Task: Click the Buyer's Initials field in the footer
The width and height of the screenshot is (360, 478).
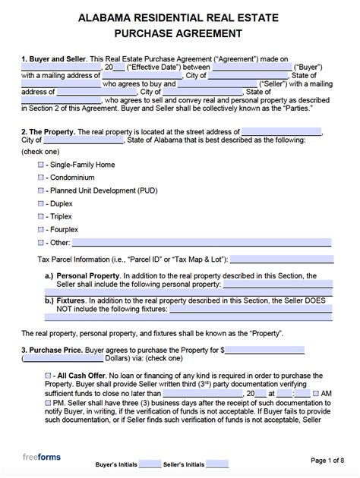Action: [x=150, y=464]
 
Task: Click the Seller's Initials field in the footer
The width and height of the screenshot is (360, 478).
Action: [x=217, y=464]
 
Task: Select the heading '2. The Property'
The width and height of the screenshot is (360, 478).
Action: [x=47, y=131]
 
